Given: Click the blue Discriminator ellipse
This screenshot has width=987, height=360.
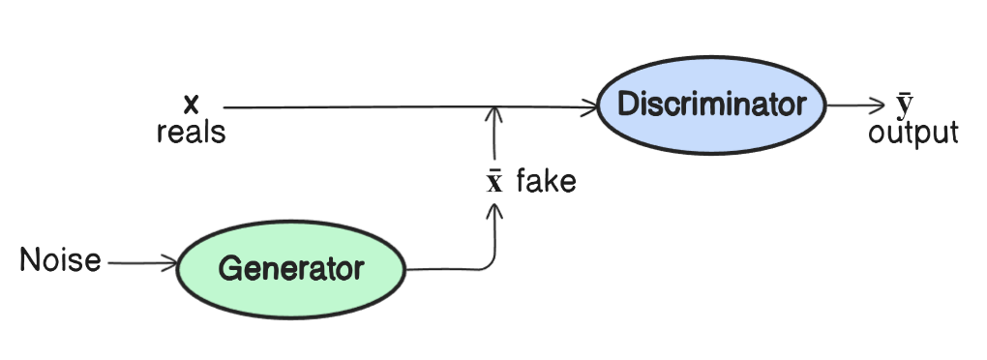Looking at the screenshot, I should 711,105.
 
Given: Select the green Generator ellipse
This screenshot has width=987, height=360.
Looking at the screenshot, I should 291,268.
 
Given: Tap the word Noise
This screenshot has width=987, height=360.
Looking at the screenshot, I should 60,260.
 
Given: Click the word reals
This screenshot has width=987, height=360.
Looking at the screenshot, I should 191,132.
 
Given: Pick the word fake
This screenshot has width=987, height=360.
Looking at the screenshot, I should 546,181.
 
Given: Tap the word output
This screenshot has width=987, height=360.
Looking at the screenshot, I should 912,133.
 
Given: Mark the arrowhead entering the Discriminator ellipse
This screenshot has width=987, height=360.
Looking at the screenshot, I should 590,107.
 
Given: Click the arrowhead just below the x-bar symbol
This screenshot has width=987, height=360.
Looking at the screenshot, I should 495,210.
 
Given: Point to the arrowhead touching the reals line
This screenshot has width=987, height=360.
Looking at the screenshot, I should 495,114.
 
